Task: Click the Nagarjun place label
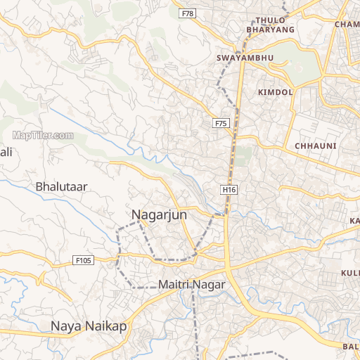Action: [x=159, y=215]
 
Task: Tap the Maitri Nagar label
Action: [x=191, y=285]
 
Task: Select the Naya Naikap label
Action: [x=89, y=326]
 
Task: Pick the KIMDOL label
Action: [x=275, y=92]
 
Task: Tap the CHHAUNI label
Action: [x=316, y=146]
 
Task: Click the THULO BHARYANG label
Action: [x=271, y=25]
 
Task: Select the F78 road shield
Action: [x=187, y=13]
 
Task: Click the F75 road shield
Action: [x=221, y=123]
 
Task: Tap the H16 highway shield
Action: [x=229, y=190]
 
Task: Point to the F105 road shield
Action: [x=83, y=261]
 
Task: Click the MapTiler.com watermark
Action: [x=43, y=135]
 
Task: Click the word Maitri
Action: [x=175, y=285]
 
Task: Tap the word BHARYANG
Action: [x=271, y=31]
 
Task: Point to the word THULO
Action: [x=271, y=20]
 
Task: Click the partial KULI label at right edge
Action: [x=350, y=272]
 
